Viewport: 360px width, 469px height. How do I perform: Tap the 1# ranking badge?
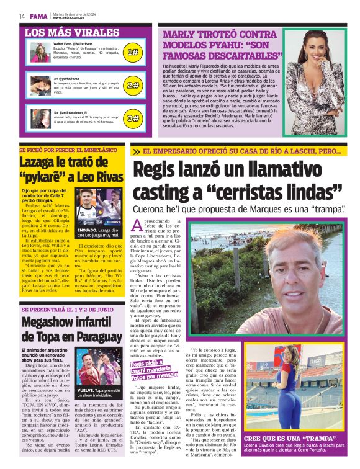133,53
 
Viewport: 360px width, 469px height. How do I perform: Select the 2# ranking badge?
133,85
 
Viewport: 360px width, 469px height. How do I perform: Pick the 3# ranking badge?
133,118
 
